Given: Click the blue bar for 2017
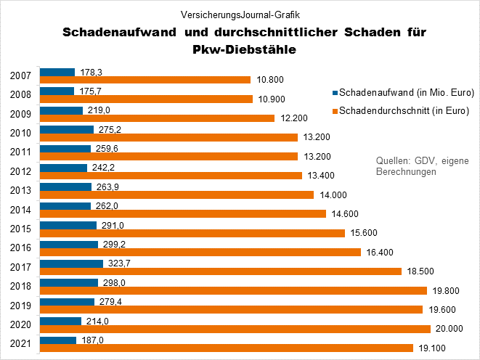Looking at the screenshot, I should (x=71, y=263).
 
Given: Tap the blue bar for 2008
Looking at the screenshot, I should (x=57, y=91).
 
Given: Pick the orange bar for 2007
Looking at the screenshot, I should (x=145, y=79).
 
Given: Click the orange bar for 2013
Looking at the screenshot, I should (x=176, y=195).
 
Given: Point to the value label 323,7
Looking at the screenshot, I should (x=118, y=263).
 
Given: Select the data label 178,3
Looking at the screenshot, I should (x=91, y=72).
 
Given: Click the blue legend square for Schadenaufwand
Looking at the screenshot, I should (x=335, y=94).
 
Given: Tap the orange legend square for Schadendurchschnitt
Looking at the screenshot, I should (x=335, y=111).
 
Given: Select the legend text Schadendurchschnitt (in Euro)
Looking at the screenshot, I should (x=404, y=111).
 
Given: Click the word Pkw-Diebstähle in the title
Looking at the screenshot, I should (x=244, y=49).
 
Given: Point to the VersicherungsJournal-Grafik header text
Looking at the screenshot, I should (x=240, y=14).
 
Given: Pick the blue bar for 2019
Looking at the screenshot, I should (x=67, y=302).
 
